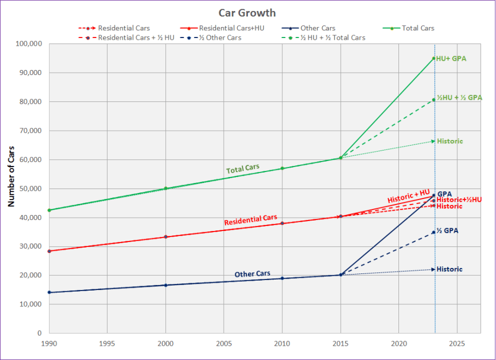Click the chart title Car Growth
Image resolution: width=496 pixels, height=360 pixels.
point(247,13)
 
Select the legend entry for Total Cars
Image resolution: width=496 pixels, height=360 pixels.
point(418,28)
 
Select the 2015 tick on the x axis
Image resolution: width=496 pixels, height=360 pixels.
point(340,343)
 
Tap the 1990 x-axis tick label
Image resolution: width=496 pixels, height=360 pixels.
point(50,343)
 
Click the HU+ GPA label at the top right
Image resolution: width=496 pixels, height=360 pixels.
point(451,58)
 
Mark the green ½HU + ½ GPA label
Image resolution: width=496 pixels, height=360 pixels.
point(459,98)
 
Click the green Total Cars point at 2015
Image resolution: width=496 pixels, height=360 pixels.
point(341,158)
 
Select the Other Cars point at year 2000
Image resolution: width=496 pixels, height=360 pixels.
point(166,285)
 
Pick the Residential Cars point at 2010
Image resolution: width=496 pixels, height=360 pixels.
point(282,223)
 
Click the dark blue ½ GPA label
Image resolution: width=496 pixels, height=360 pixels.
point(447,230)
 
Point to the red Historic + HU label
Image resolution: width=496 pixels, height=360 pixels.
point(408,196)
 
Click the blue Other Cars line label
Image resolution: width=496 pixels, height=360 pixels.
point(252,274)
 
